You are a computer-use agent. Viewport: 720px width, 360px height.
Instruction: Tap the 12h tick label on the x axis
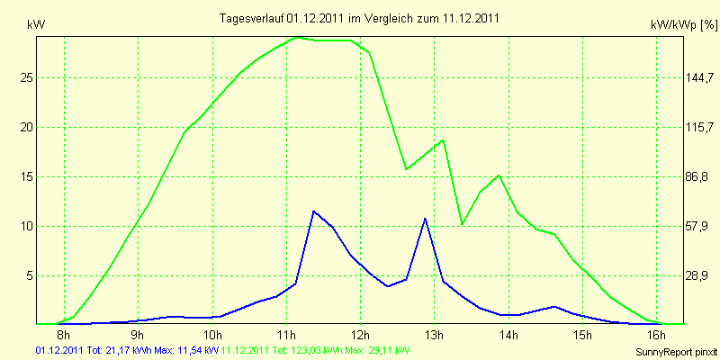[360, 335]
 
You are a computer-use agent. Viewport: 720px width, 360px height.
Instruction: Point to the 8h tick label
[65, 335]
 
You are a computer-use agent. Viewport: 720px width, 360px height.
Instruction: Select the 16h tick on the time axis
[657, 335]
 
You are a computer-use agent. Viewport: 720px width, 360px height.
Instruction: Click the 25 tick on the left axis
[28, 77]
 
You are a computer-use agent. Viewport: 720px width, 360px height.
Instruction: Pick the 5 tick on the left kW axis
[31, 275]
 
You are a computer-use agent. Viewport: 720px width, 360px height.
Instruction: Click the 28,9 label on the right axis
[697, 275]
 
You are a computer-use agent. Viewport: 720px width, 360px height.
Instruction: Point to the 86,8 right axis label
[697, 176]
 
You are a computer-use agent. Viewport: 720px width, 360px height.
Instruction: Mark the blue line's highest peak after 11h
[313, 211]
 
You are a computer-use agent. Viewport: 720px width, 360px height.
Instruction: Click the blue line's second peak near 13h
[425, 218]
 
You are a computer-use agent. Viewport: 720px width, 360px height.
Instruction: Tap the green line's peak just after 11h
[297, 38]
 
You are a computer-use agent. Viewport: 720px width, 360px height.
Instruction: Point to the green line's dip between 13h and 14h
[462, 223]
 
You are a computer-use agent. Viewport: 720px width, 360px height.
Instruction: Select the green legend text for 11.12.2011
[316, 349]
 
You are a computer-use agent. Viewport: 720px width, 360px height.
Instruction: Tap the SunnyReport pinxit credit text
[675, 349]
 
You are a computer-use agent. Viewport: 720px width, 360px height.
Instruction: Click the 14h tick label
[509, 335]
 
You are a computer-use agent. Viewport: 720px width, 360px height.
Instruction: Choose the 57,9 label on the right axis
[697, 226]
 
